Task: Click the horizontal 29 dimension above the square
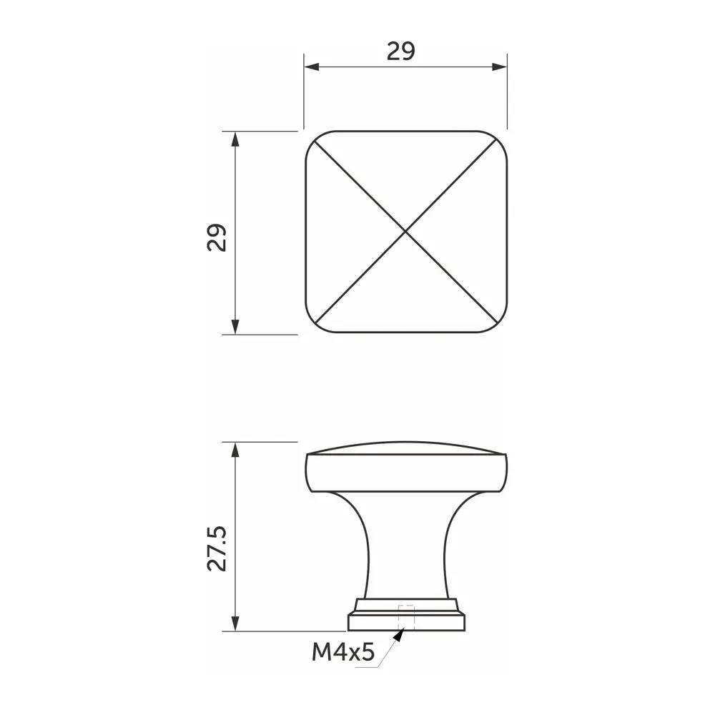(x=401, y=51)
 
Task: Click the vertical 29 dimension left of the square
(x=217, y=237)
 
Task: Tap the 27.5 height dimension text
(x=217, y=548)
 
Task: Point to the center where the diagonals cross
(x=405, y=232)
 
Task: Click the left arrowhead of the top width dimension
(x=312, y=67)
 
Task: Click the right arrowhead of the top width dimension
(x=500, y=67)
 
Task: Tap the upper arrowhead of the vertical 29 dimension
(x=235, y=139)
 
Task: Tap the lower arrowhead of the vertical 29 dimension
(x=235, y=327)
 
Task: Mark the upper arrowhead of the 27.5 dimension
(x=235, y=450)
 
